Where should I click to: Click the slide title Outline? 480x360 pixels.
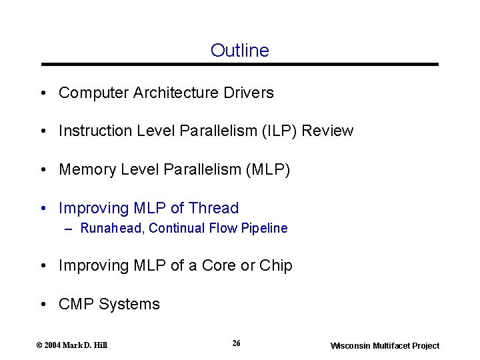pyautogui.click(x=239, y=51)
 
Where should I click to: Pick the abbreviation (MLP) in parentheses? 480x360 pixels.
pyautogui.click(x=268, y=170)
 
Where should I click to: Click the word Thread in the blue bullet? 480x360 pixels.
pyautogui.click(x=213, y=208)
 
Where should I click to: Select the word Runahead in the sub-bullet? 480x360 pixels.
pyautogui.click(x=111, y=228)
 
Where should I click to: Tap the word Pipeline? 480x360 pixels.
pyautogui.click(x=265, y=228)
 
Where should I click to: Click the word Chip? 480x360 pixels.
pyautogui.click(x=276, y=265)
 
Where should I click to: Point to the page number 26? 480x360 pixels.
pyautogui.click(x=236, y=343)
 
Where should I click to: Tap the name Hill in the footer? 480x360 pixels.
pyautogui.click(x=101, y=345)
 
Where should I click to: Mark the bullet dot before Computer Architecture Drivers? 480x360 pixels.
pyautogui.click(x=42, y=93)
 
